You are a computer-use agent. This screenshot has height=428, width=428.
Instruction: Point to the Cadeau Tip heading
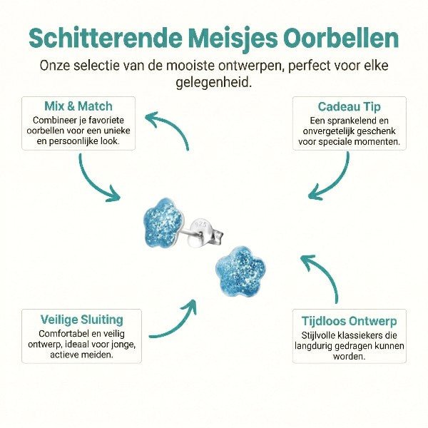click(350, 107)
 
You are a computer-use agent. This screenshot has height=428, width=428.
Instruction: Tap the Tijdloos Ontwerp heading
click(350, 321)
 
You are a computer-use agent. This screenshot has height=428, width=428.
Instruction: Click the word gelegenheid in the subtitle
click(214, 83)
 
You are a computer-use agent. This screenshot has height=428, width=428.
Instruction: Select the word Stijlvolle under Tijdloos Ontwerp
click(317, 335)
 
